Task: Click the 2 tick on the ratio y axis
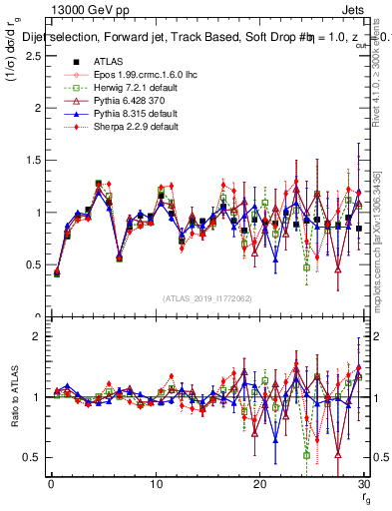(36, 336)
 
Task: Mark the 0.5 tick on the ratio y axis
(32, 457)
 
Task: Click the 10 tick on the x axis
(156, 484)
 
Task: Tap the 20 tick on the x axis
(259, 484)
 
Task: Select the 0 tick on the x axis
(51, 484)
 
